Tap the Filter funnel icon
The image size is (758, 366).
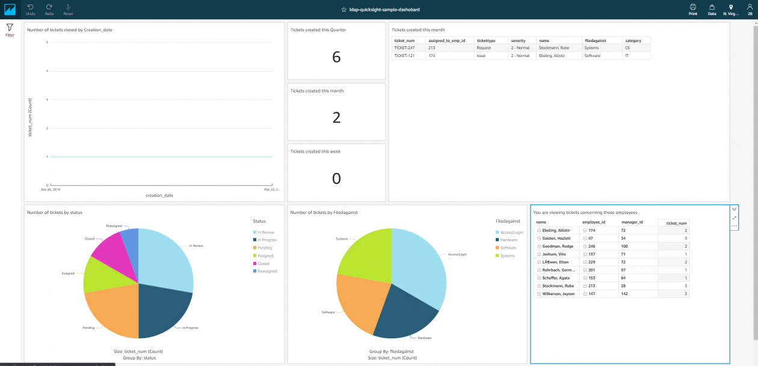(x=10, y=28)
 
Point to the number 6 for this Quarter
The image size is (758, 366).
(x=336, y=57)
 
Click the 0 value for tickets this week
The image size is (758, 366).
(x=336, y=178)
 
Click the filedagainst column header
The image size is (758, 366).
(x=596, y=40)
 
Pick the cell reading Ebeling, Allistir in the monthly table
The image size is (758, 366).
(x=552, y=55)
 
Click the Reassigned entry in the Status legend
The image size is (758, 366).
(x=267, y=271)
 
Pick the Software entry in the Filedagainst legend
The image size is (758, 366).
(x=508, y=248)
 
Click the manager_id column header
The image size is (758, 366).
(x=632, y=222)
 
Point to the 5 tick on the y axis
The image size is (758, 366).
(x=47, y=42)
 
